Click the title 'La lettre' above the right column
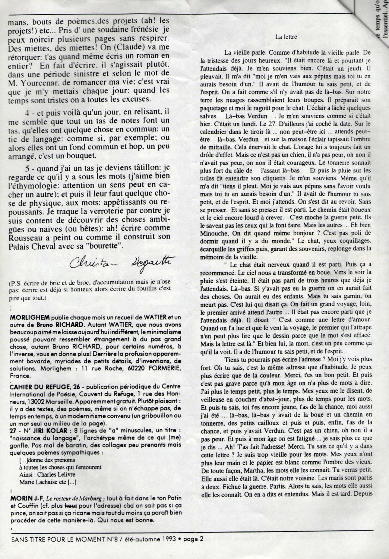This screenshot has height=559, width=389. point(285,37)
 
